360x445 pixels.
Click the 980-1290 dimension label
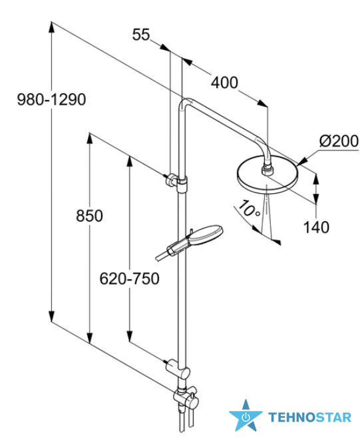tap(51, 100)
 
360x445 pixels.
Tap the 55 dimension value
tap(141, 35)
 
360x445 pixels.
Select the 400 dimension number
tap(224, 83)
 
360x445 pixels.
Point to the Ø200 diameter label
tap(339, 141)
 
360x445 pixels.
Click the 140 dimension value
tap(316, 227)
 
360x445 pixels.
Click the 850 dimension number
tap(89, 216)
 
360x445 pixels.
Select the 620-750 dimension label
tap(129, 278)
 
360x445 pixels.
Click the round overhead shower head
tap(267, 175)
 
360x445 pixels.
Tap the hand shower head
tap(204, 236)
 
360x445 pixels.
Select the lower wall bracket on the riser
tap(178, 368)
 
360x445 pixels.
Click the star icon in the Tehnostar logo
tap(246, 416)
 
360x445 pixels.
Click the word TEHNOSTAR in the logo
tap(310, 417)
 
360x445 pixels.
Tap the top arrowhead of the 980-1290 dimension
tap(51, 27)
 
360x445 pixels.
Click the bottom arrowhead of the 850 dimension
tap(90, 338)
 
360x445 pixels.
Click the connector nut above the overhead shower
tap(267, 169)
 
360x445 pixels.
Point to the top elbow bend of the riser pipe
tap(184, 103)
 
